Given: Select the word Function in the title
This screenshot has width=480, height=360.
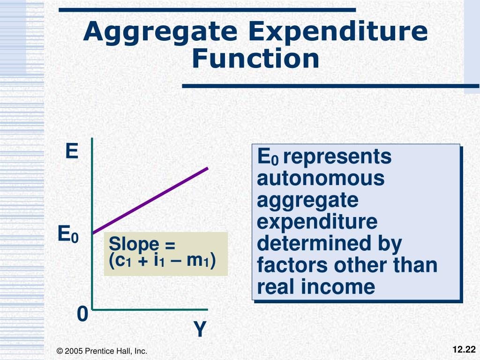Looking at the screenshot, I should [x=255, y=60].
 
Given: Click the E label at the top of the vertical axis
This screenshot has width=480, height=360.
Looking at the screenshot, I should [x=71, y=151].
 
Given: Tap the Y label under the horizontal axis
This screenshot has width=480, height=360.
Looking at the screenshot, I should [x=200, y=330].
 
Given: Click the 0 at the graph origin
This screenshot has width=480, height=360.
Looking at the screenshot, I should [x=82, y=315].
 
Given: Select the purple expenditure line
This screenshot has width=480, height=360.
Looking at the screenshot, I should [x=150, y=200].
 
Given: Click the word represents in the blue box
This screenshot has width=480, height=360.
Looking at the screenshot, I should [x=337, y=157].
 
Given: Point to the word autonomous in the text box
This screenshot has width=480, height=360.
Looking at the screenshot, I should [x=321, y=179].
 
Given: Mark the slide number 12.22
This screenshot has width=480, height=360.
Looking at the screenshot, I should [x=464, y=349].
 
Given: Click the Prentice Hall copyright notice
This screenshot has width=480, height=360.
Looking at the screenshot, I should [x=102, y=351].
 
